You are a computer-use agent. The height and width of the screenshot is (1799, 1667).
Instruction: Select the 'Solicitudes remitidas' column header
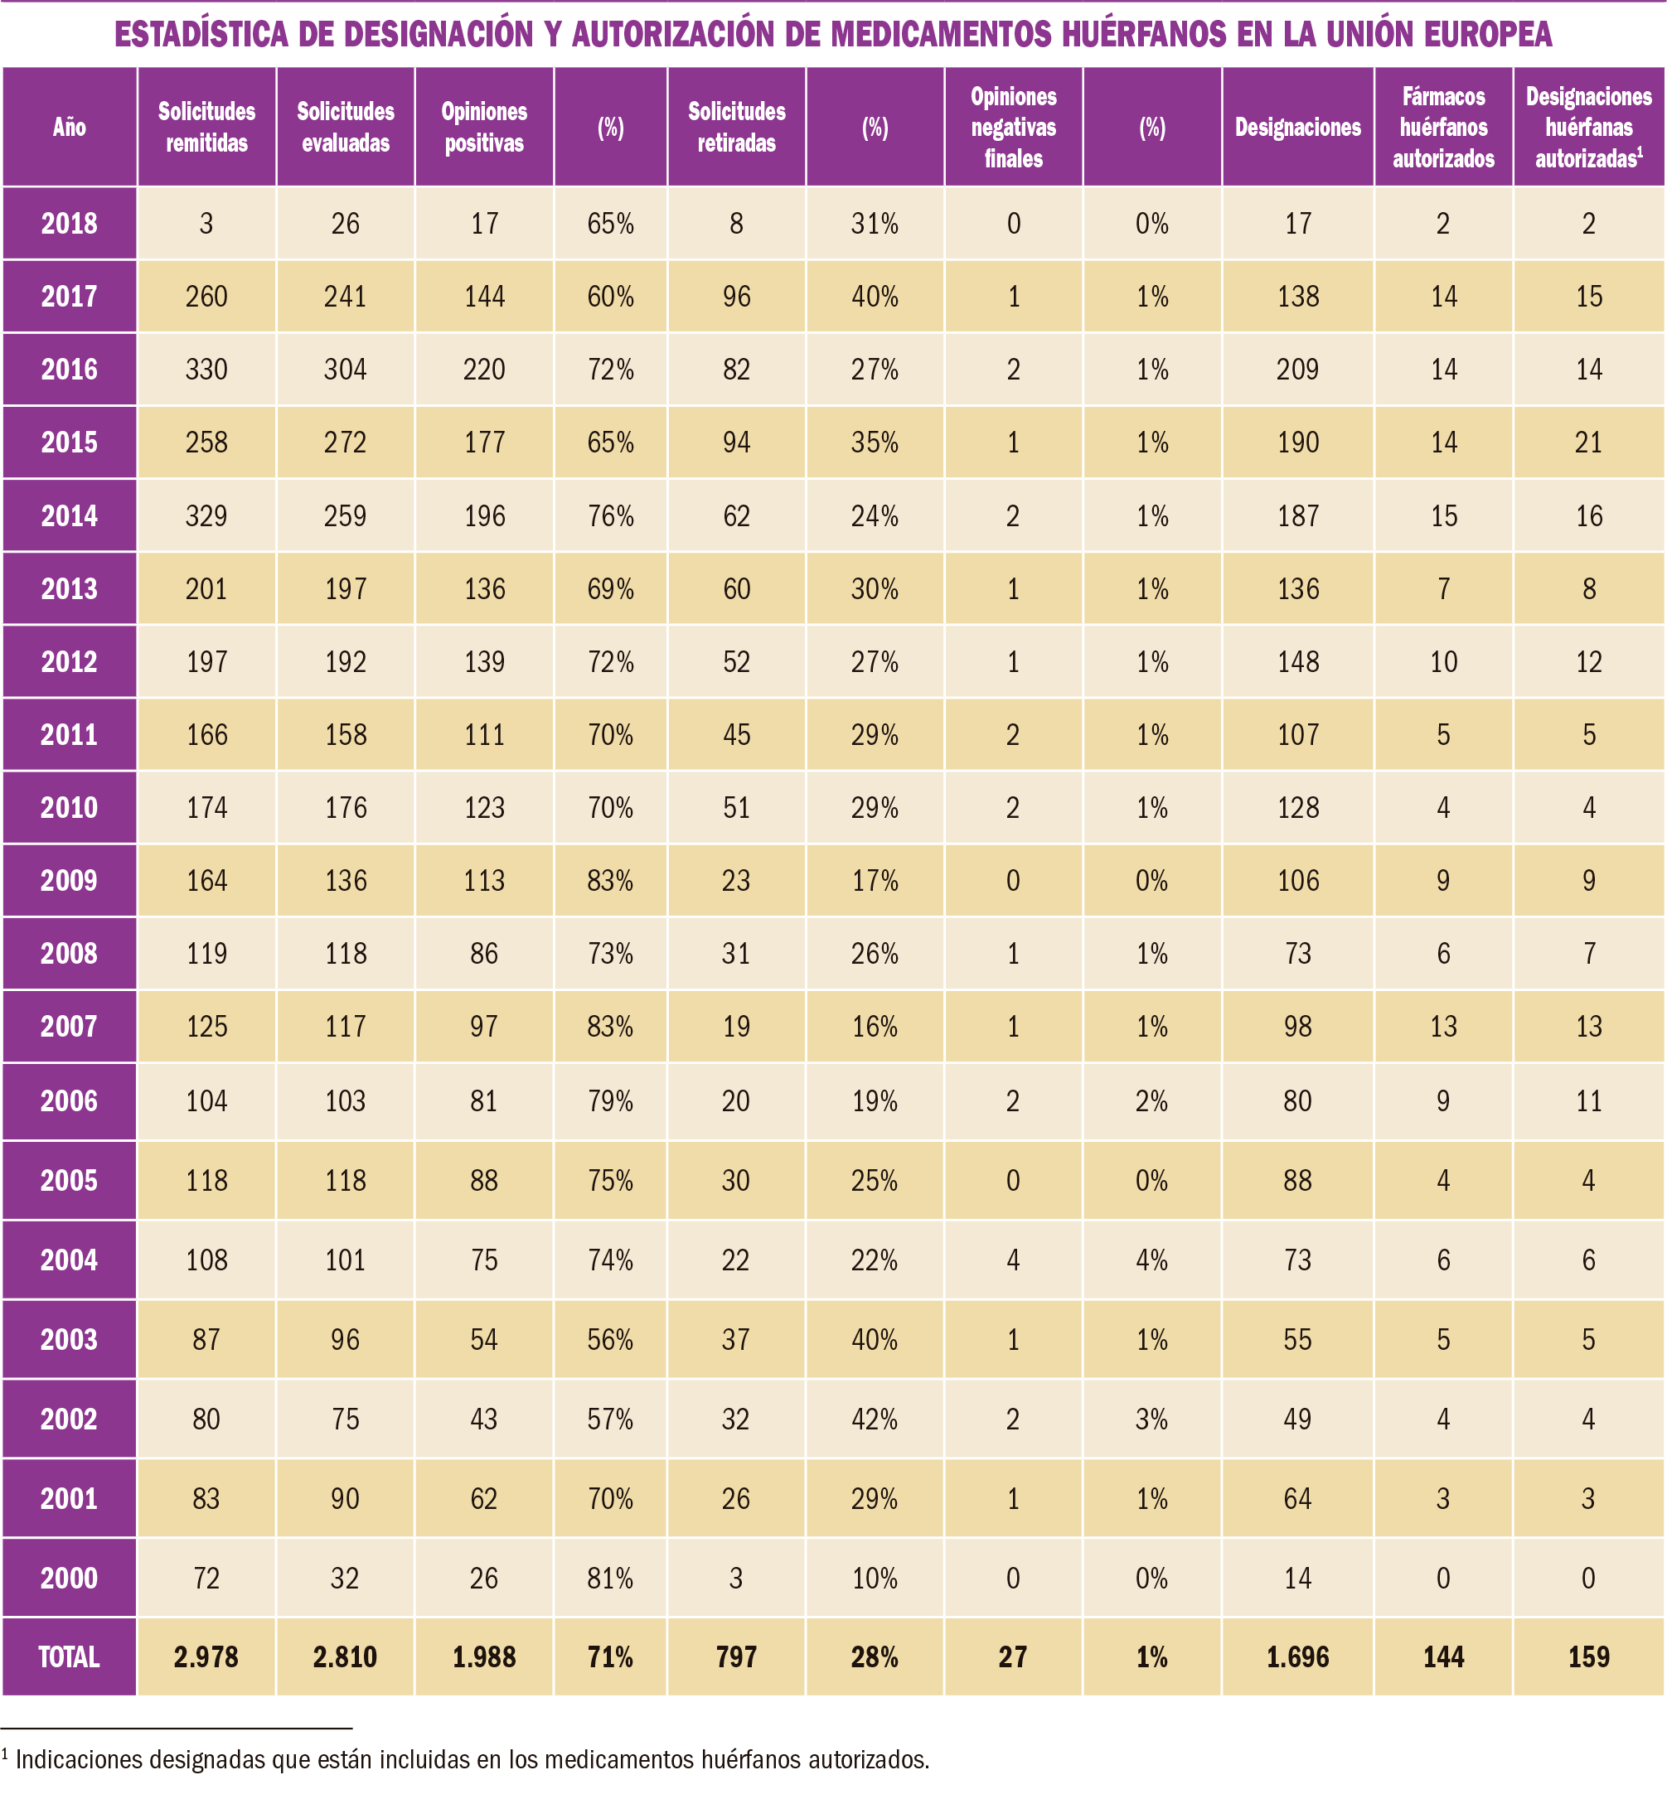(x=206, y=127)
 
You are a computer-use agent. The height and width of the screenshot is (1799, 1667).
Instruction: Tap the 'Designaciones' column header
(x=1297, y=127)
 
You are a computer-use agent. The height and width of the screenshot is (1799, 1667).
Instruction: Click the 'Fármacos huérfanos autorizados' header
(x=1443, y=127)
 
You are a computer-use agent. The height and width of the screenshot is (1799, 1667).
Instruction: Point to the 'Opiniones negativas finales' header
(x=1013, y=127)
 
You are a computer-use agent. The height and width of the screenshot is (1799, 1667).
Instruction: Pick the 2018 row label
(x=70, y=224)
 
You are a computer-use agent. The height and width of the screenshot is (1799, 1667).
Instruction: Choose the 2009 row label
(x=70, y=880)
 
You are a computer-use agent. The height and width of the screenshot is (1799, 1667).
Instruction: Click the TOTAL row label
(x=70, y=1656)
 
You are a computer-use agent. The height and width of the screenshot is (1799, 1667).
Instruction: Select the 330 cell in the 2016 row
(x=206, y=370)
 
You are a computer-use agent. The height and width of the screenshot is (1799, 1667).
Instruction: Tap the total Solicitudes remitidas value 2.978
(x=206, y=1656)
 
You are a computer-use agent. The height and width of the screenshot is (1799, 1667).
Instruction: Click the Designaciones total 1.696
(x=1297, y=1656)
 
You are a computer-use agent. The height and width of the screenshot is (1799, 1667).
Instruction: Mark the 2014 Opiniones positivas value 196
(x=484, y=515)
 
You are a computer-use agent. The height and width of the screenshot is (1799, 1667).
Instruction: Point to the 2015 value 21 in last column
(x=1588, y=442)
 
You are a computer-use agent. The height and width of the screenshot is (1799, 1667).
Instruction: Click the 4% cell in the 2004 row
(x=1152, y=1260)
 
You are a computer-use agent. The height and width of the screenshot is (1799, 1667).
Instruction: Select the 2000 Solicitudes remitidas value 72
(x=206, y=1578)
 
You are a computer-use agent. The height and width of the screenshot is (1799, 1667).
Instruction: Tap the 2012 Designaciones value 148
(x=1297, y=662)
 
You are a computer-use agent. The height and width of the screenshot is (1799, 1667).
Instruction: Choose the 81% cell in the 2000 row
(x=611, y=1578)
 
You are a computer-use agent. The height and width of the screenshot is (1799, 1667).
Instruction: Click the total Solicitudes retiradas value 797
(x=736, y=1656)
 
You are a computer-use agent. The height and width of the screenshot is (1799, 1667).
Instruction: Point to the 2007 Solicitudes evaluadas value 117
(x=346, y=1026)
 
